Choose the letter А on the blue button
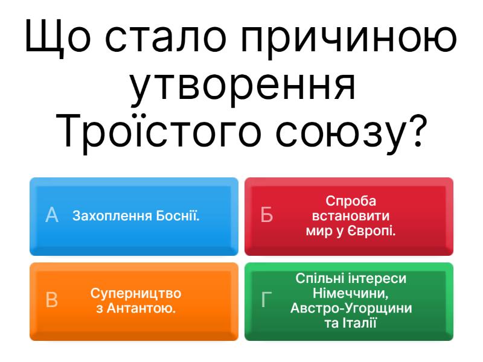tap(53, 215)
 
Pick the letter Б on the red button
tap(267, 215)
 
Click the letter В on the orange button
tap(53, 300)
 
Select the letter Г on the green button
tap(266, 300)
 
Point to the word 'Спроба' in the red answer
tap(351, 201)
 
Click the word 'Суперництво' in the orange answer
tap(136, 293)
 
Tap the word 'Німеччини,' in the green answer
tap(351, 294)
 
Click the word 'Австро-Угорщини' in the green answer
tap(351, 308)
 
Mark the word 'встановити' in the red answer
tap(351, 216)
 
